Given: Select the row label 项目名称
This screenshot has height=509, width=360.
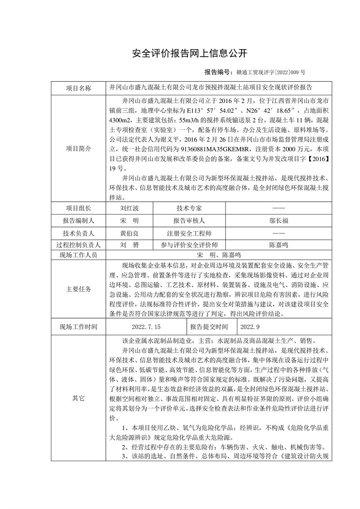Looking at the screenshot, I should pos(78,88).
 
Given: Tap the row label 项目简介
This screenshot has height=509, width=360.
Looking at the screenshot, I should pos(78,148).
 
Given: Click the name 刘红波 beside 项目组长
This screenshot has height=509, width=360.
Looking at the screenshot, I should pos(129,208).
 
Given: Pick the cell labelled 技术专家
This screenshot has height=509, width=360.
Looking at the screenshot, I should pos(189,208).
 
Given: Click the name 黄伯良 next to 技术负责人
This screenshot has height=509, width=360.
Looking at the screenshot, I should pos(129,233).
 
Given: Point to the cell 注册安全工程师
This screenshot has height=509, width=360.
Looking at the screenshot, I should pos(189,233).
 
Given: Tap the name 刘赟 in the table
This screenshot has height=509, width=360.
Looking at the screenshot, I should pos(129,245).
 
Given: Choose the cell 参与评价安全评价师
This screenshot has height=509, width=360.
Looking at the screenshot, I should pos(189,245).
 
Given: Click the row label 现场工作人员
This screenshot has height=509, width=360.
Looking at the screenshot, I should pos(78,255).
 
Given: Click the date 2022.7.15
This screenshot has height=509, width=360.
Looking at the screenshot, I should pos(146,327).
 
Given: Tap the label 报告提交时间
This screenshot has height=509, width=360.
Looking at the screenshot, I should pos(212,327).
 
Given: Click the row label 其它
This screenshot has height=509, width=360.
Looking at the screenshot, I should pos(78,398).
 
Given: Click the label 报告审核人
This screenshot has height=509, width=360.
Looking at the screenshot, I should pos(189,220).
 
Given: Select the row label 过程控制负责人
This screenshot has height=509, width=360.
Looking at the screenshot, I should pos(78,245).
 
